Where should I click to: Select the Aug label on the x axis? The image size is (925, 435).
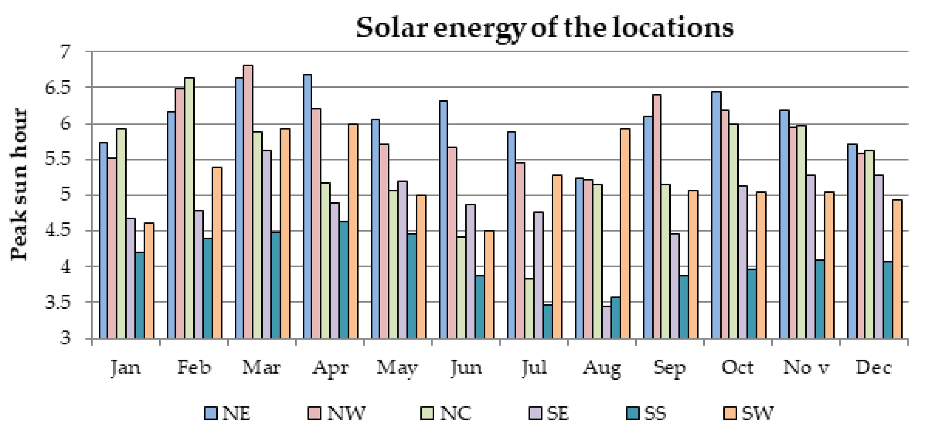[x=602, y=368]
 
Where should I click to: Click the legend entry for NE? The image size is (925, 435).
[x=227, y=413]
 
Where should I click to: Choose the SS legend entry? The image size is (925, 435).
[x=646, y=413]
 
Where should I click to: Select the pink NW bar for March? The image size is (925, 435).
[x=248, y=201]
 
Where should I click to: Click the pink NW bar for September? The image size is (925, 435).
[x=656, y=216]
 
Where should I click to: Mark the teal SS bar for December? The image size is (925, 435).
[x=887, y=300]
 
